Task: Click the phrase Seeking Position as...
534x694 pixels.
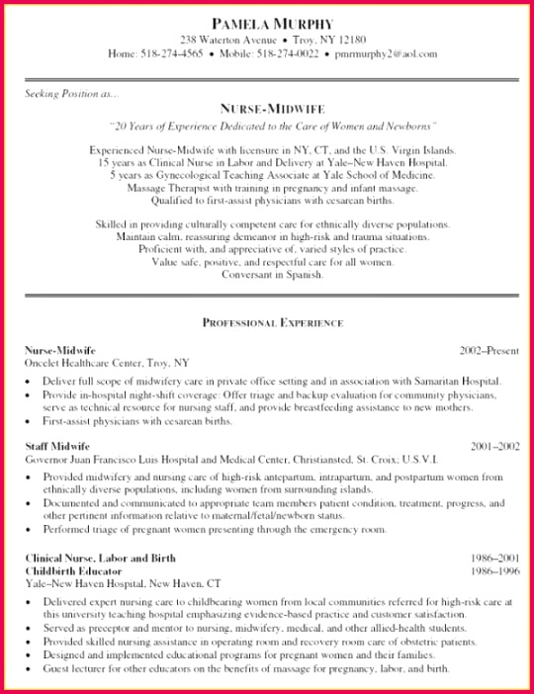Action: (x=68, y=95)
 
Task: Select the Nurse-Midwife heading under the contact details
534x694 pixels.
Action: (x=272, y=109)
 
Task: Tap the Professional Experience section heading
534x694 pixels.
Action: (x=272, y=323)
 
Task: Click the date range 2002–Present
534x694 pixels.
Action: (x=489, y=351)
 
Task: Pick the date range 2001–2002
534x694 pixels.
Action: (x=494, y=447)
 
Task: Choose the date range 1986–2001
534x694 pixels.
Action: (x=494, y=559)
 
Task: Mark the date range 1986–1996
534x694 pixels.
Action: (x=494, y=570)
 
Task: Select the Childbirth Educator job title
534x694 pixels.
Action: (x=73, y=570)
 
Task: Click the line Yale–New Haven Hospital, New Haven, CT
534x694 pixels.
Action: (x=123, y=583)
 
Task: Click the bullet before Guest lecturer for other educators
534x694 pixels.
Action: (x=31, y=669)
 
